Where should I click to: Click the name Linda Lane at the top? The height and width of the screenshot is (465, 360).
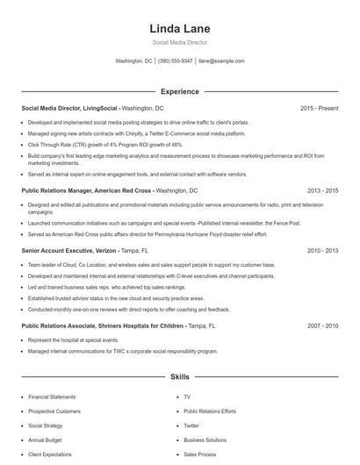180,29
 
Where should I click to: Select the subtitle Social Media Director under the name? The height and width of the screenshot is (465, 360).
180,43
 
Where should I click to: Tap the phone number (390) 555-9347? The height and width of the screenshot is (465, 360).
176,61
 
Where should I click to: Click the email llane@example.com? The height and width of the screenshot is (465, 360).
221,61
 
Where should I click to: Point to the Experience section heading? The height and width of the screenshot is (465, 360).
180,91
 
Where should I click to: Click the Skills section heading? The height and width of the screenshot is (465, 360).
180,377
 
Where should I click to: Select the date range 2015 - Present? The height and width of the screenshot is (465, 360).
319,108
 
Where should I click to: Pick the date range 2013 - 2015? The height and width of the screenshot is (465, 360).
322,190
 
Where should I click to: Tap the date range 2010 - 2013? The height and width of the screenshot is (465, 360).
322,250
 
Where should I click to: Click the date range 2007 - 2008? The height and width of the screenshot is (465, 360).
322,325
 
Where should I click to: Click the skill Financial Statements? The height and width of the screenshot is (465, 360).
54,397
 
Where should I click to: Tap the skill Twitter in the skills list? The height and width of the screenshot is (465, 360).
191,426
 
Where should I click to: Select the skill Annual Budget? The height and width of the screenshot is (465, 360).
45,440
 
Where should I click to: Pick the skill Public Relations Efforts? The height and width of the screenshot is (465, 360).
210,411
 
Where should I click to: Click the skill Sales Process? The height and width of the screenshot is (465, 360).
200,454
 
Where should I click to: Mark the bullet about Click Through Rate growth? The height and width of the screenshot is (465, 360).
105,144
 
